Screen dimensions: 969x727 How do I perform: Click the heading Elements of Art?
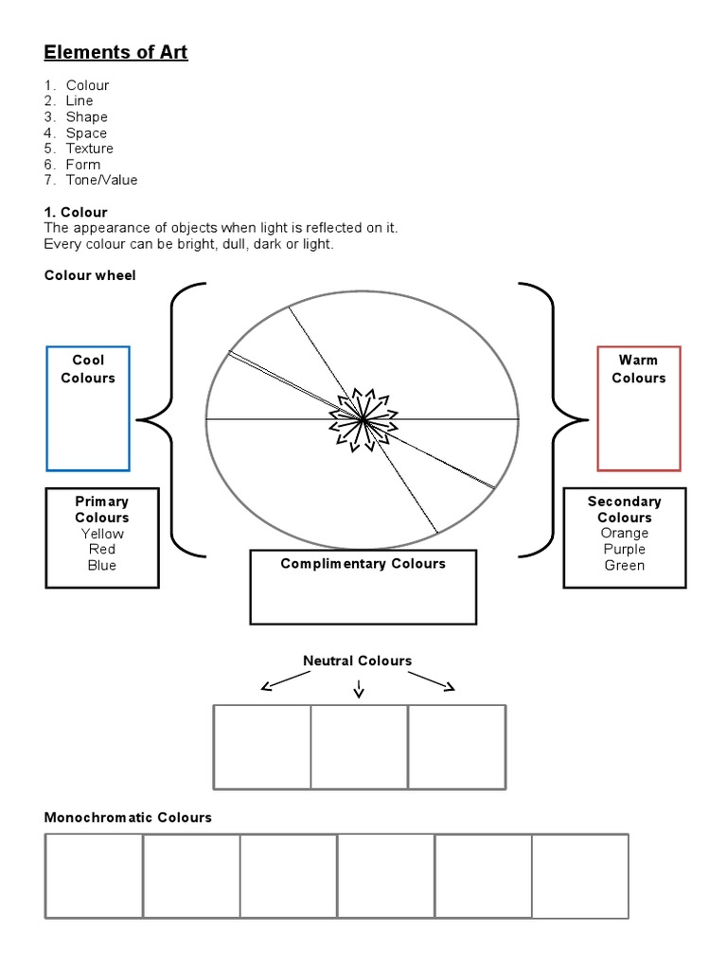point(115,52)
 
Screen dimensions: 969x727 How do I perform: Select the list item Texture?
point(89,149)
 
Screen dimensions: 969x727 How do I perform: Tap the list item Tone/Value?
point(101,180)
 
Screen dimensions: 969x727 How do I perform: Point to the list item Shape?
point(86,116)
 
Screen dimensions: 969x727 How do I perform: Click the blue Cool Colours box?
point(88,408)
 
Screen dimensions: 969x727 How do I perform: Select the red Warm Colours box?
point(638,408)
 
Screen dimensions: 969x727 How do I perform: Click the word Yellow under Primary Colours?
point(102,534)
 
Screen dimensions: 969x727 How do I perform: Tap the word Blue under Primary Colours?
point(102,565)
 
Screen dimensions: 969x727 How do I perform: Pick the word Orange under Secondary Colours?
point(624,533)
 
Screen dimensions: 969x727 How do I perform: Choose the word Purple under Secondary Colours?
point(624,549)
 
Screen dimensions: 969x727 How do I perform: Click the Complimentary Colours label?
point(363,564)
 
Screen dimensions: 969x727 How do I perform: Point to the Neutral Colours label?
point(357,661)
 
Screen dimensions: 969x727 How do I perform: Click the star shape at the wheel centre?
point(363,417)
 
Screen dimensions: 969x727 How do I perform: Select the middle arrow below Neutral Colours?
point(358,691)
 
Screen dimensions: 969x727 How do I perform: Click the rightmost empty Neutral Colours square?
point(456,746)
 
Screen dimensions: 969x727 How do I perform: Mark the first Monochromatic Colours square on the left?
point(94,875)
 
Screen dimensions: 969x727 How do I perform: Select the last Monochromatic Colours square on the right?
point(579,875)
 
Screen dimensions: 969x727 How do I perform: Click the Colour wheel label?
point(90,275)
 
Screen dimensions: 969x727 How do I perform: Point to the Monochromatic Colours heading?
point(128,817)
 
